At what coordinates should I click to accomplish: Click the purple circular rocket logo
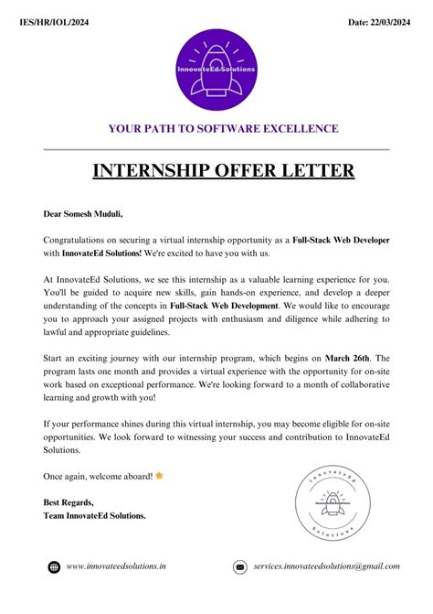click(x=216, y=70)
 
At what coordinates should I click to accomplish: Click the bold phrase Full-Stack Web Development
click(x=224, y=305)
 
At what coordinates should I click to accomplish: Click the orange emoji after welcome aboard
click(x=160, y=476)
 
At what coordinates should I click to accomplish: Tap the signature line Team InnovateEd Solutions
click(x=95, y=515)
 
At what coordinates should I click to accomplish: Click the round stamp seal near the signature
click(x=325, y=501)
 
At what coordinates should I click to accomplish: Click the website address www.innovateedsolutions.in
click(x=116, y=567)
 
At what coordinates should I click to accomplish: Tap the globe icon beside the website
click(x=54, y=567)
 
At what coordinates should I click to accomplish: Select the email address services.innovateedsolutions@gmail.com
click(x=326, y=567)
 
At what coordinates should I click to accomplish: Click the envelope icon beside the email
click(x=240, y=567)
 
